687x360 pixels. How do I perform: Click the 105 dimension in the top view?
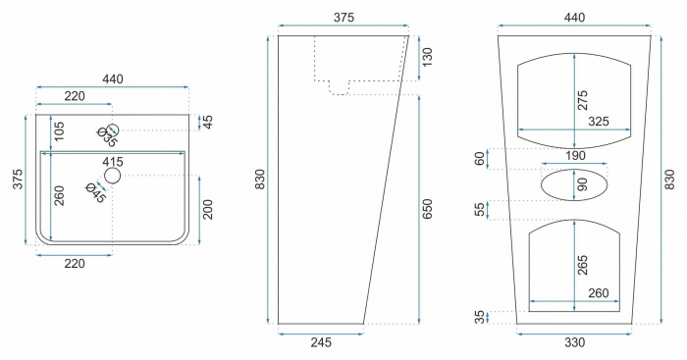point(58,130)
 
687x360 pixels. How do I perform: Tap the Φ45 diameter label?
point(95,191)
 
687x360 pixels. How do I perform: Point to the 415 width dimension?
point(112,161)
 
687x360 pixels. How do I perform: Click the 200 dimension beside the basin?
point(207,209)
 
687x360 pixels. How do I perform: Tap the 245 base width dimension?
point(320,343)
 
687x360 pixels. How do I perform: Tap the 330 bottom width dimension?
point(574,343)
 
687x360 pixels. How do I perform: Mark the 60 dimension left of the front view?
point(480,158)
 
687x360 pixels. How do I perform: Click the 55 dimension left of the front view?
point(480,209)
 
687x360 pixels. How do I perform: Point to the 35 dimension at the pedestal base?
point(480,317)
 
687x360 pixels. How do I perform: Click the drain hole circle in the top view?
point(112,177)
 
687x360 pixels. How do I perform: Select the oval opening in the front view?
point(575,183)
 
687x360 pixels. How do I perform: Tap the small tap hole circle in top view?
point(112,129)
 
